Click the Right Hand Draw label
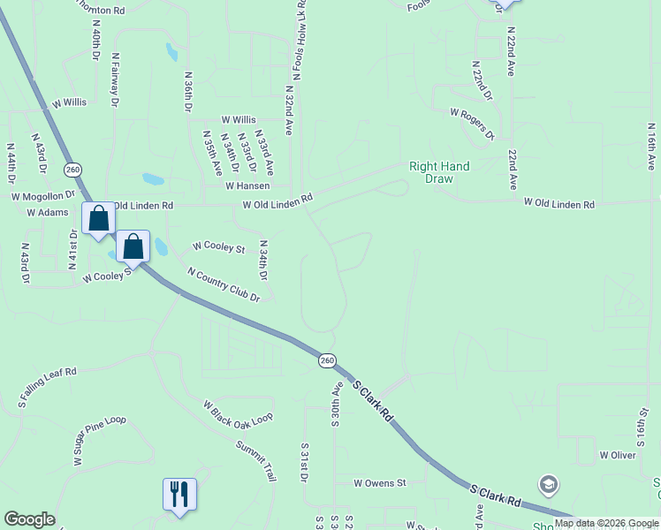tap(439, 172)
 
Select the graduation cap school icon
tap(549, 484)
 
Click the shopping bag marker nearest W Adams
tap(98, 217)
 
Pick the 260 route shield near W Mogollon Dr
tap(72, 169)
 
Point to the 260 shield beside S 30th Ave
tap(327, 360)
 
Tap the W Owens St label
tap(379, 483)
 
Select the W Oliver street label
tap(617, 455)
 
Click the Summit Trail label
tap(256, 461)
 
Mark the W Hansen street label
tap(247, 185)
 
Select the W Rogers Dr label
tap(472, 124)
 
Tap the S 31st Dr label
tap(304, 463)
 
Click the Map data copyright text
tap(607, 523)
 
